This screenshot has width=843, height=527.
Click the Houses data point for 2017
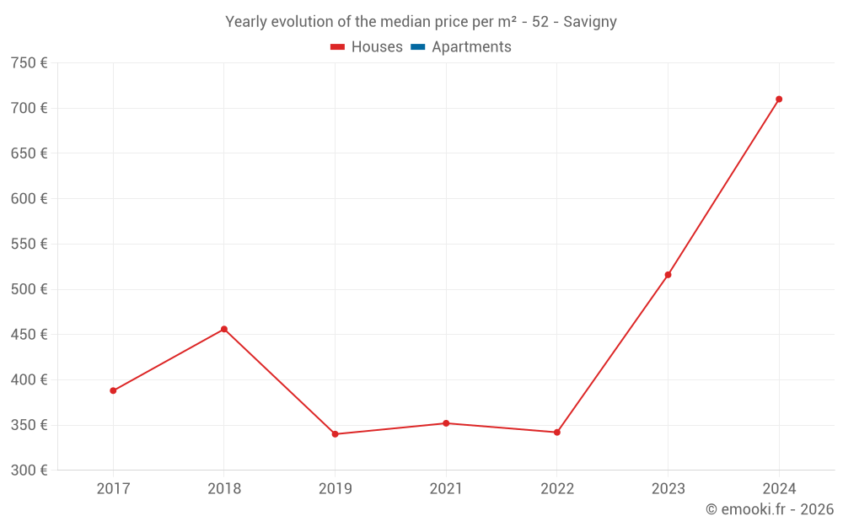(x=113, y=390)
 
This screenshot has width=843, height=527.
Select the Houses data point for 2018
(x=224, y=329)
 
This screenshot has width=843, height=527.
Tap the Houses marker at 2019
(x=335, y=434)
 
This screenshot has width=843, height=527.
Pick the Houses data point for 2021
(x=446, y=423)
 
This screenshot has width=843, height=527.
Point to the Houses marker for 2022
(x=557, y=433)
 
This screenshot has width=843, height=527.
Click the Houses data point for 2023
(x=668, y=275)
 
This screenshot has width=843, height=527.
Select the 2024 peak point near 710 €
(x=779, y=99)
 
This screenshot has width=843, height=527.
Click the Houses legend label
(x=377, y=47)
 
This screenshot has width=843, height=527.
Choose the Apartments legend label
(x=471, y=47)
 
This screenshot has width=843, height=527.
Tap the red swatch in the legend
(x=337, y=47)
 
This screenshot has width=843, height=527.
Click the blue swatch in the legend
(x=418, y=47)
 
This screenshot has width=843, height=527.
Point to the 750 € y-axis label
(x=29, y=63)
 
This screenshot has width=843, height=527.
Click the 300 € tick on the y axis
(x=29, y=470)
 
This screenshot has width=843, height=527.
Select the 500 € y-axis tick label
(x=29, y=289)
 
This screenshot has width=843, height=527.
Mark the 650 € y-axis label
(x=29, y=153)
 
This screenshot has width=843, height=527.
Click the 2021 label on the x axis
(x=446, y=489)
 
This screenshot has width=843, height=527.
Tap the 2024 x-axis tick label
(x=779, y=489)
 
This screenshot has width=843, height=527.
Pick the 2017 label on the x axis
(x=113, y=489)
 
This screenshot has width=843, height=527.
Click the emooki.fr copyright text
(x=770, y=509)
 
